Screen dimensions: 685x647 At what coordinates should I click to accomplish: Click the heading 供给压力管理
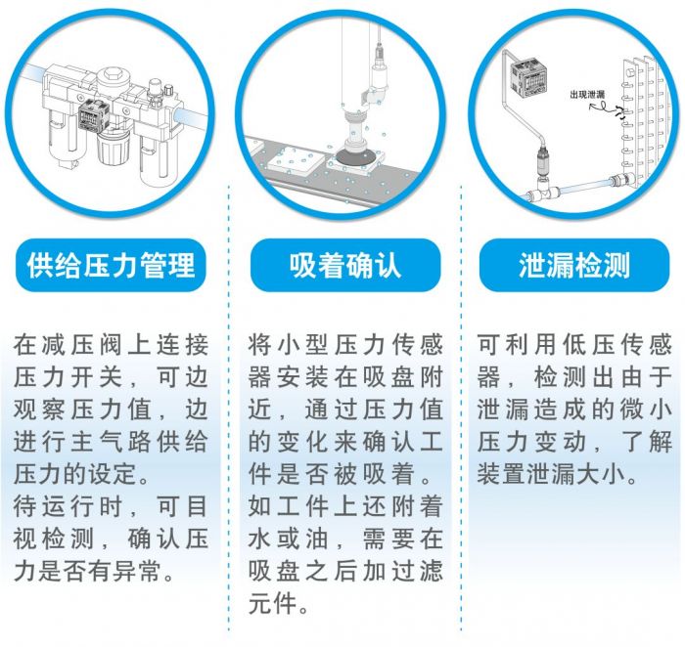pyautogui.click(x=111, y=265)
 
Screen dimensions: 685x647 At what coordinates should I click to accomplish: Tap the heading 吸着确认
pyautogui.click(x=345, y=265)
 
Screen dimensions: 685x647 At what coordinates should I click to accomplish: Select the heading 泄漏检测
pyautogui.click(x=574, y=265)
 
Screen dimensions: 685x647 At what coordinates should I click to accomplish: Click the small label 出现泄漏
pyautogui.click(x=587, y=95)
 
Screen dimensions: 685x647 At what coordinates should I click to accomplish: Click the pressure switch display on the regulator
pyautogui.click(x=91, y=117)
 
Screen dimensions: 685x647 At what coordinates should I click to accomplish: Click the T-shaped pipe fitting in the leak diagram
pyautogui.click(x=543, y=192)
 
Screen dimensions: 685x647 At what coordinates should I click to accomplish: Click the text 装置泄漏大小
pyautogui.click(x=551, y=474)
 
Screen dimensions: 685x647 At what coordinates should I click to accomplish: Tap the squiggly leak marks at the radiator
pyautogui.click(x=618, y=112)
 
